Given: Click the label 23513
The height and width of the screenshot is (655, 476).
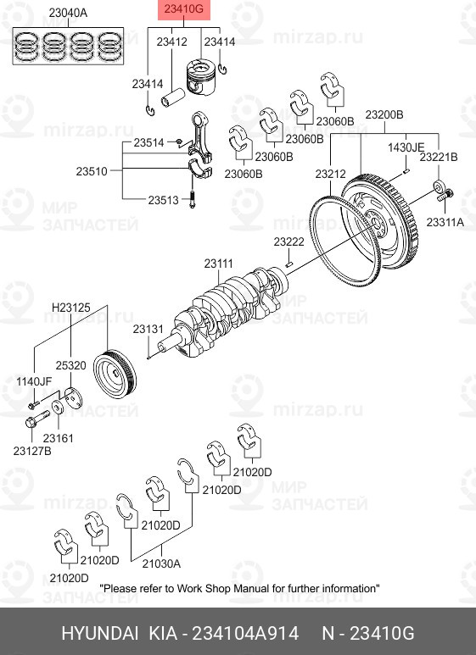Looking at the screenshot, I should click(163, 201).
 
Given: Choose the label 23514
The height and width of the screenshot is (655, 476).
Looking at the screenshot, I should click(148, 143).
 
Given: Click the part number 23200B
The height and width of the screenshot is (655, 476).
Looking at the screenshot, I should click(384, 114).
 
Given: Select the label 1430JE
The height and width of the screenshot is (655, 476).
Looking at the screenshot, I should click(406, 147).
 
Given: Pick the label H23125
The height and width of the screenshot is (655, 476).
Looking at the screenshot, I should click(70, 307).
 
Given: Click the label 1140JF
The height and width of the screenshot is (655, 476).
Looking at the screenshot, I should click(34, 381).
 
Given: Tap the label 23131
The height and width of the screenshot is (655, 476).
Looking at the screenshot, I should click(148, 328).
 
